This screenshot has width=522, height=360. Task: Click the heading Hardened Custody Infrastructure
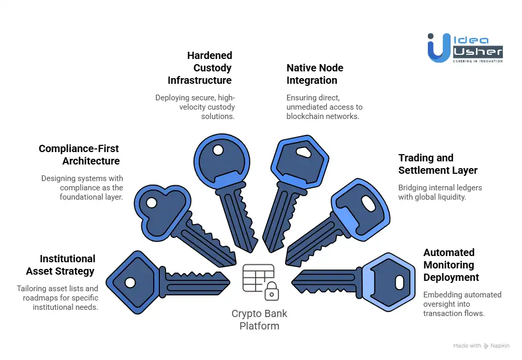[x=200, y=68]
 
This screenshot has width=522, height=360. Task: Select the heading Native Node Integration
[x=315, y=74]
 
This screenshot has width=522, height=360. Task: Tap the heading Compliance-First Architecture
[x=79, y=155]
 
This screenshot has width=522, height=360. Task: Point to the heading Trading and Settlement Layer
[x=438, y=164]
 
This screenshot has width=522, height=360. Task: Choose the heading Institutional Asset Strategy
[x=61, y=265]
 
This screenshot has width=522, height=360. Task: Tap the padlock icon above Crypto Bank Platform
[x=271, y=292]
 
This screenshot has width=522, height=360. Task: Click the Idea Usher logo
[x=465, y=48]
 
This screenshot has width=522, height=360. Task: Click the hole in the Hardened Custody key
[x=218, y=151]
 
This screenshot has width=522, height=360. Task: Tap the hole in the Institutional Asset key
[x=130, y=282]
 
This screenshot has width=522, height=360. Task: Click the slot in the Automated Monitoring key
[x=399, y=282]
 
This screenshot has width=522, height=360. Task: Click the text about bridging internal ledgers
[x=440, y=192]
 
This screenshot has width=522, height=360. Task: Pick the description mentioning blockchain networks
[x=324, y=107]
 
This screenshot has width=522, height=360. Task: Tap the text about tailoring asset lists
[x=57, y=297]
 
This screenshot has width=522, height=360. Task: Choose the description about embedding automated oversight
[x=455, y=304]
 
